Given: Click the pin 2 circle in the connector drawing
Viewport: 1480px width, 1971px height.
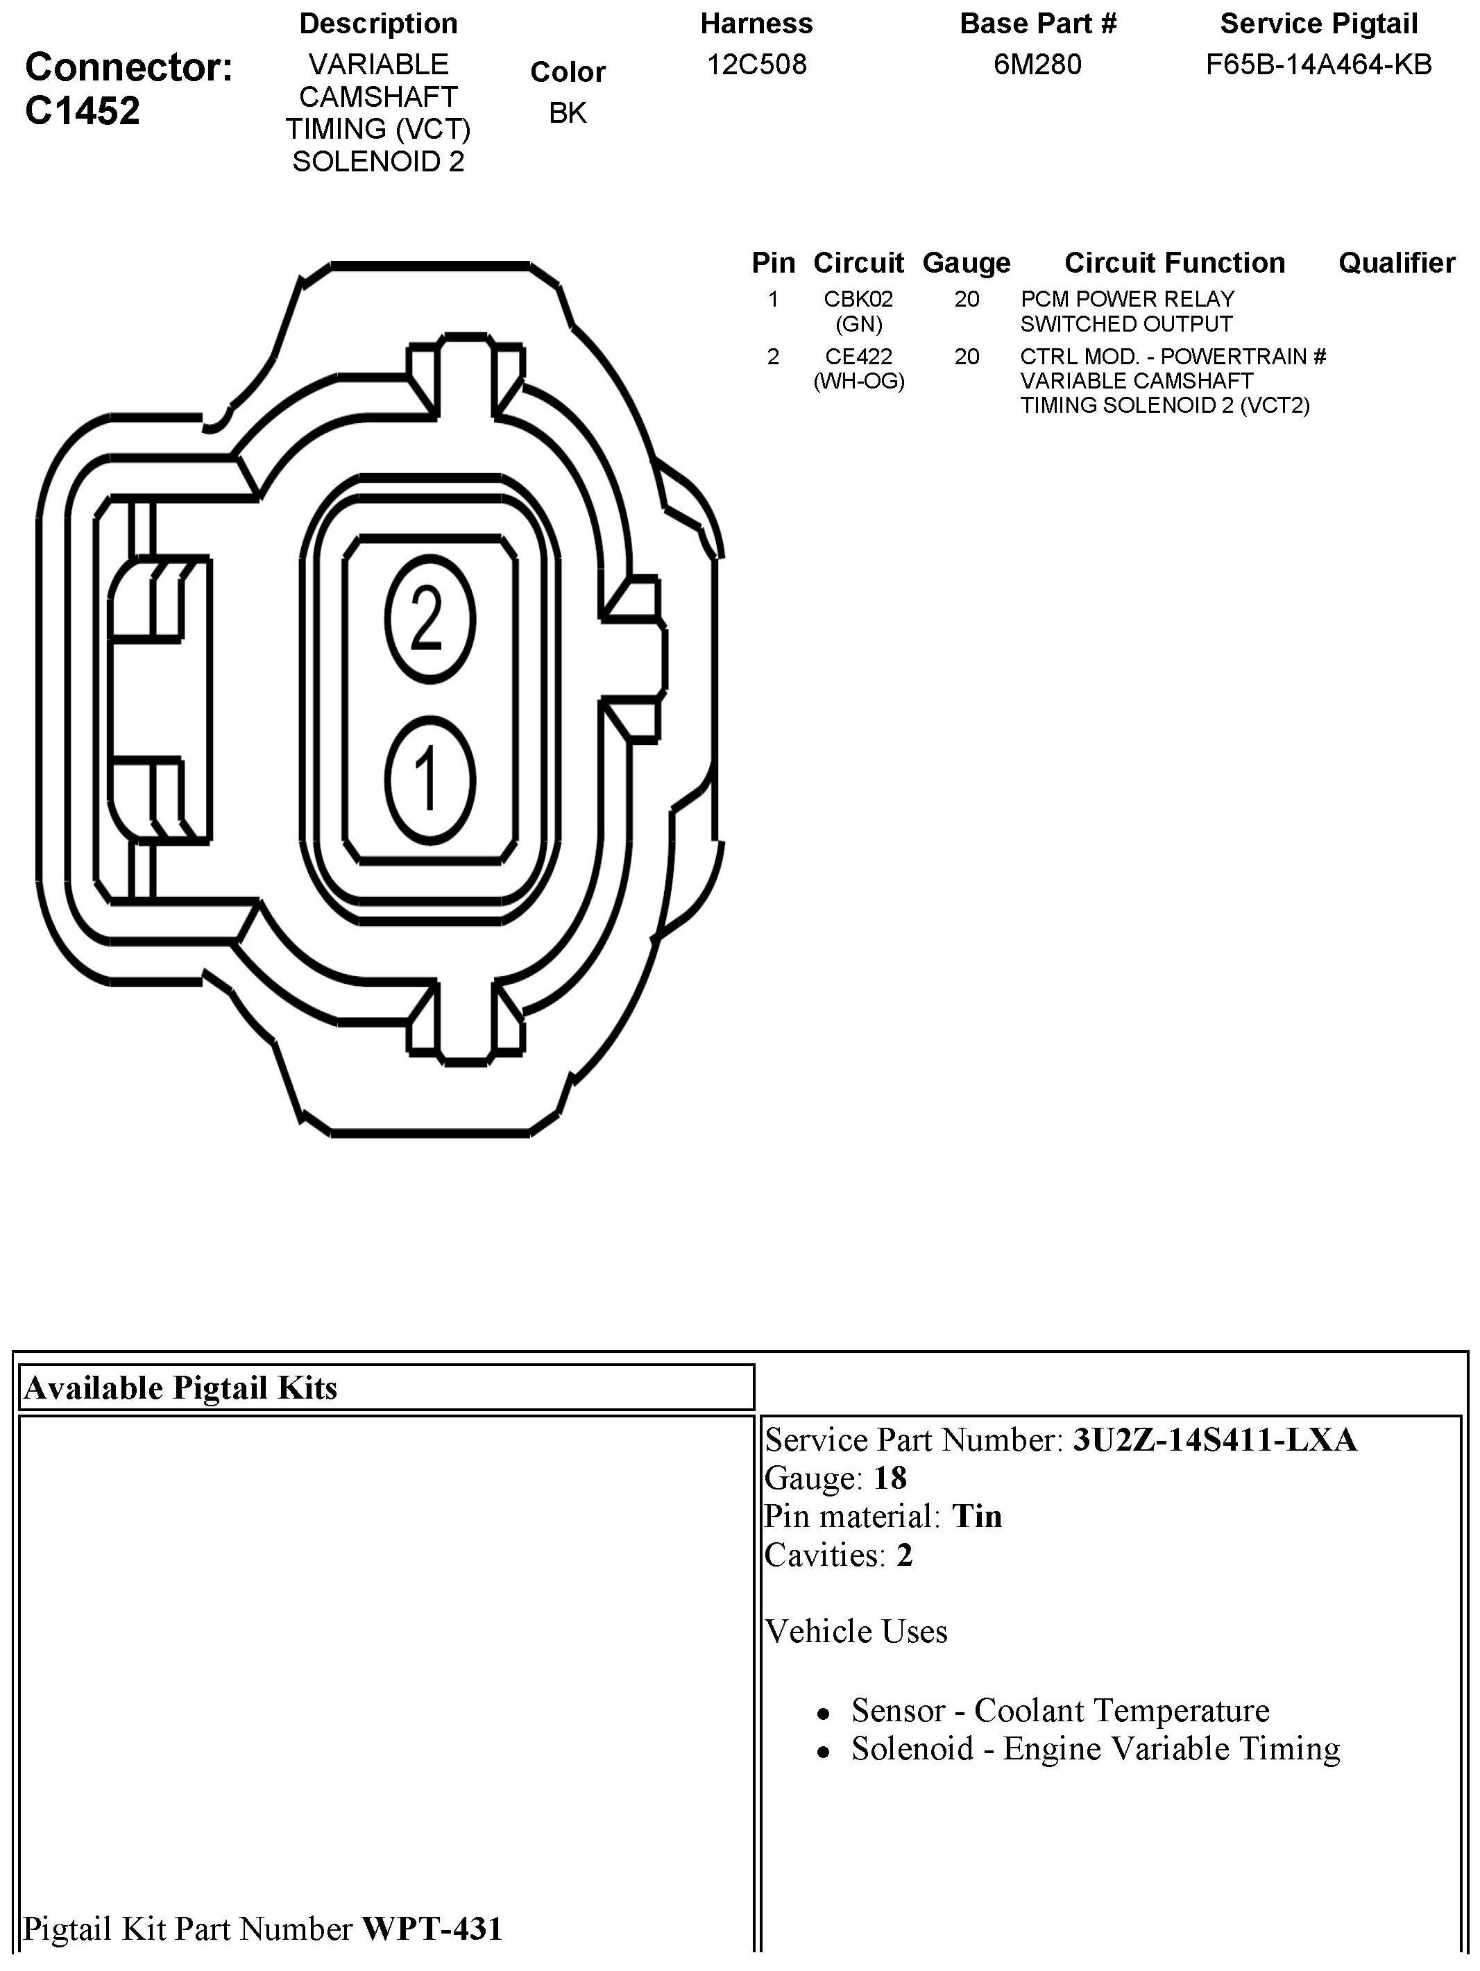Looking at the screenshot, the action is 429,620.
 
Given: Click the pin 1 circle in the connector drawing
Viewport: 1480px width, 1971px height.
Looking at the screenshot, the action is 429,780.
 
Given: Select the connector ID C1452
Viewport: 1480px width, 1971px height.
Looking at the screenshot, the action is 83,110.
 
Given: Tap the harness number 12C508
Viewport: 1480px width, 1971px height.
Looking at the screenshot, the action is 756,64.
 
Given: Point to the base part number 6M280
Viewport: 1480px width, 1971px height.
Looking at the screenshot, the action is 1037,64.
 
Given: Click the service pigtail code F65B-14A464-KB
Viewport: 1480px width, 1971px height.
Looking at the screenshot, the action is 1319,64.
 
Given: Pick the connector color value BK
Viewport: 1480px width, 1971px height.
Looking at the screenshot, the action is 568,113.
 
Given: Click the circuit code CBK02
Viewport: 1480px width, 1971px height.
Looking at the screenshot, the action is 858,300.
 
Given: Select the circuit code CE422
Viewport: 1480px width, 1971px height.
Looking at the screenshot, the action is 858,357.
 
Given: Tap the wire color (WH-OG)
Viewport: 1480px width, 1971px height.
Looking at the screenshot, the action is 858,382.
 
